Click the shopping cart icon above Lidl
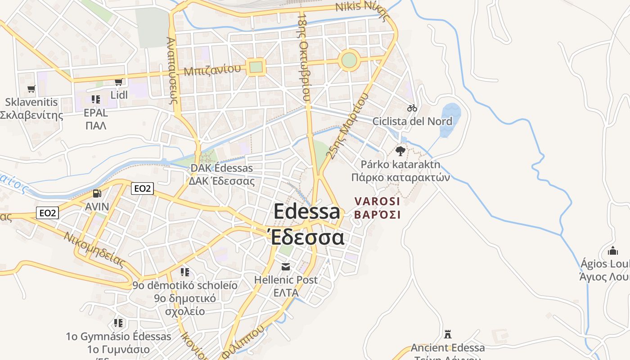(x=118, y=82)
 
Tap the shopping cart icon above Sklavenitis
(x=31, y=89)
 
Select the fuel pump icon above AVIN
(x=97, y=193)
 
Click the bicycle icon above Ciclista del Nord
(x=412, y=108)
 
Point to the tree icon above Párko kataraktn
(x=400, y=151)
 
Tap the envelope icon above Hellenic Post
(x=285, y=266)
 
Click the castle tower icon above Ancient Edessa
(x=447, y=334)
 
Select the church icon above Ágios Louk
(x=612, y=251)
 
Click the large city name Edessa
(x=306, y=211)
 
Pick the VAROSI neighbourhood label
(x=377, y=201)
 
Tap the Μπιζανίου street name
(x=212, y=70)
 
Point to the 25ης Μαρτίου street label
(x=346, y=126)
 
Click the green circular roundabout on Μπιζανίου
(x=349, y=60)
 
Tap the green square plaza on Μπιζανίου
(x=256, y=67)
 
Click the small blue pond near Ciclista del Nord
(x=450, y=119)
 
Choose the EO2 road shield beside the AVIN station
(x=142, y=189)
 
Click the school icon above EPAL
(x=95, y=99)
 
